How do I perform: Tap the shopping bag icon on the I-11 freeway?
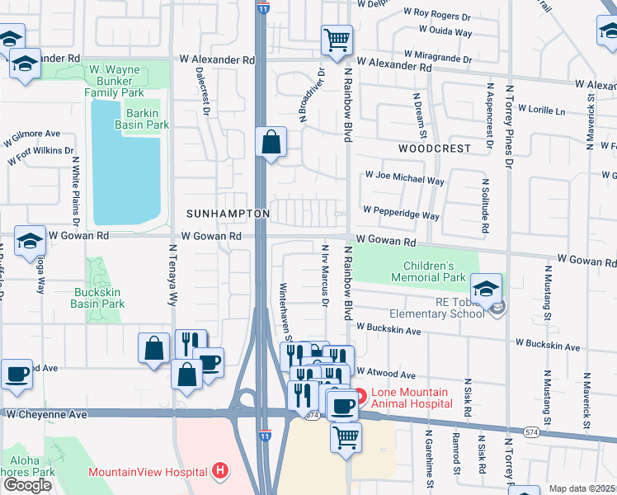coord(271,143)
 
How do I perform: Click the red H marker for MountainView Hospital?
coord(220,472)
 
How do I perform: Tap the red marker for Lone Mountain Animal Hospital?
coord(360,397)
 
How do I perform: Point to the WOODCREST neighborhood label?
coord(434,149)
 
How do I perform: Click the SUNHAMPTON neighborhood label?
coord(228,214)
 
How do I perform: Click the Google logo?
coord(27,485)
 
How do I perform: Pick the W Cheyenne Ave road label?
coord(46,413)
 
